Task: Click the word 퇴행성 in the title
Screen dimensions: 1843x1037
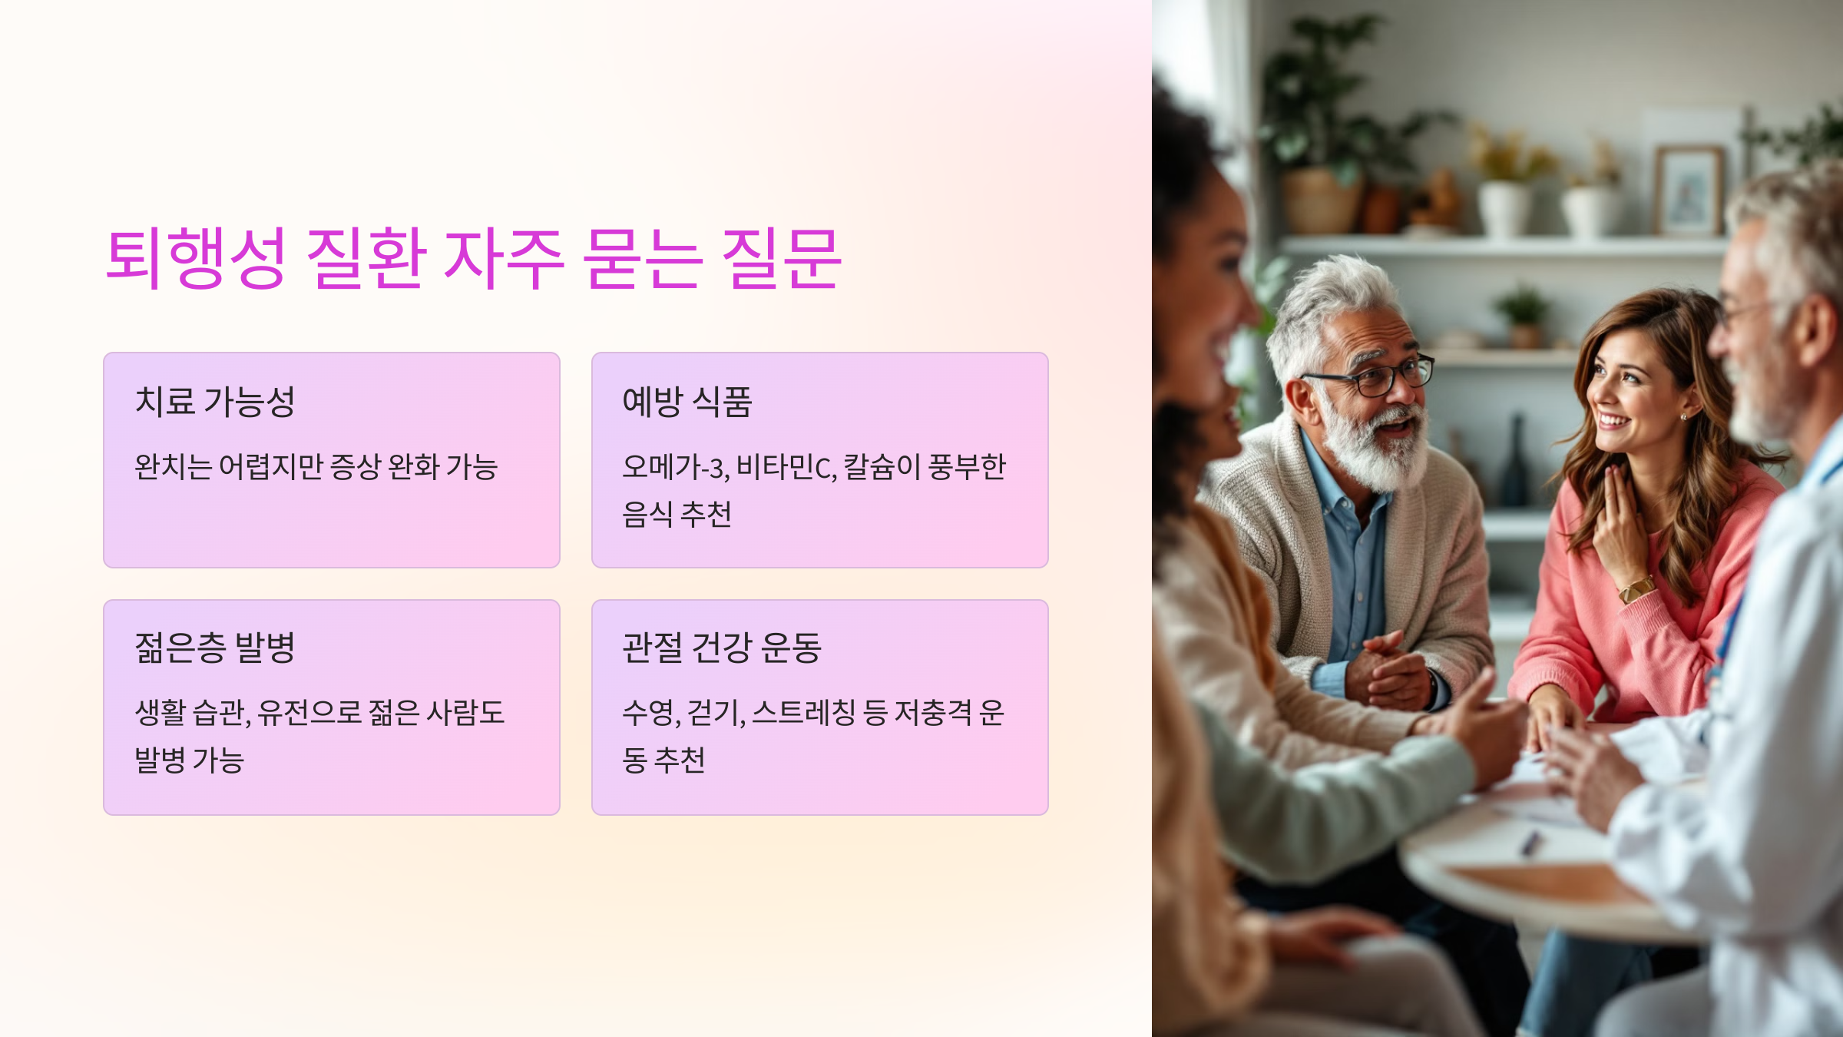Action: tap(196, 258)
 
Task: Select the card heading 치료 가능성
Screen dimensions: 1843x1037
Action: tap(215, 401)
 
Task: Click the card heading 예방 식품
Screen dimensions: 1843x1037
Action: tap(687, 401)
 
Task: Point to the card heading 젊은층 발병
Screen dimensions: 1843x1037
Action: tap(215, 648)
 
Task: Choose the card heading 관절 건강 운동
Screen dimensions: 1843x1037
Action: tap(722, 648)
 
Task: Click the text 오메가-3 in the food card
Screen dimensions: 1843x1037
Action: tap(676, 467)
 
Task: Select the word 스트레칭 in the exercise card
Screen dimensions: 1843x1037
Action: tap(803, 713)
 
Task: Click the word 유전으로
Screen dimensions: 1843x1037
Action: tap(309, 713)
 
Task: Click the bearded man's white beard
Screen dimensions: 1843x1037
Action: tap(1378, 446)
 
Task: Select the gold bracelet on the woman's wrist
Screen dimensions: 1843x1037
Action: tap(1636, 589)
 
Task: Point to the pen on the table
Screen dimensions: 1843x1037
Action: tap(1530, 843)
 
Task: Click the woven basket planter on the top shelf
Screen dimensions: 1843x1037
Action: tap(1321, 201)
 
